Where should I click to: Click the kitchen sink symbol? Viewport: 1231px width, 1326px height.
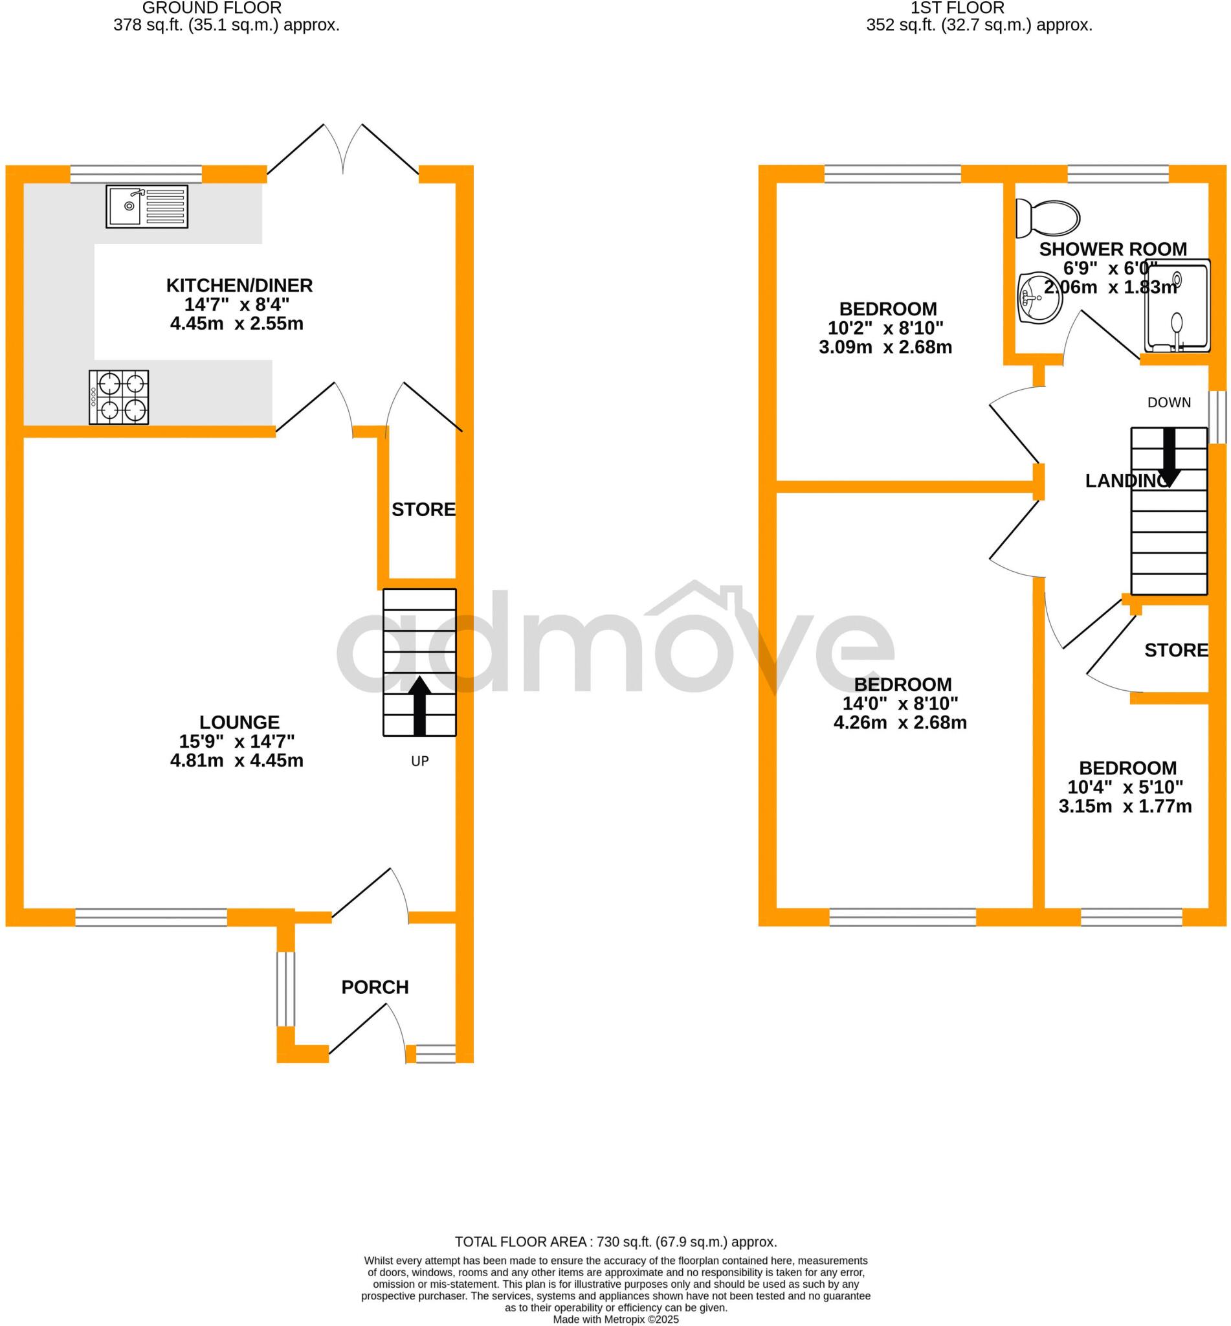(146, 207)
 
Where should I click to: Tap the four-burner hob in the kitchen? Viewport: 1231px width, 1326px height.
(118, 397)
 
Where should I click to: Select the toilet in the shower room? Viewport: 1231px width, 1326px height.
(1047, 218)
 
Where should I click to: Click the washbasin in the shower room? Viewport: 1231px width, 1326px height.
(1040, 297)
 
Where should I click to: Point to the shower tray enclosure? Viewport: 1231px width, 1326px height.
(1177, 305)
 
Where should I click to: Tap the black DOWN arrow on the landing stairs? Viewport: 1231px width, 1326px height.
(1169, 455)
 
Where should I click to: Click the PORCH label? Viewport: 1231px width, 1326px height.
(375, 987)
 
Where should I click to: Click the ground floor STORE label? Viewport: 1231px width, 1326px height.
(423, 510)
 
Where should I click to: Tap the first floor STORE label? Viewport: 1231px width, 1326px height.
(1176, 650)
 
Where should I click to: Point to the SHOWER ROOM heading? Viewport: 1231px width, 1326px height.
(1113, 249)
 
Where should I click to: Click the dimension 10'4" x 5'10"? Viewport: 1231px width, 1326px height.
(1125, 787)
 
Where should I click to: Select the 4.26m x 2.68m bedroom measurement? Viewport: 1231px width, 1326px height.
(900, 723)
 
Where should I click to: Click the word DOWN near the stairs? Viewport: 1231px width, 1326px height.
(1169, 403)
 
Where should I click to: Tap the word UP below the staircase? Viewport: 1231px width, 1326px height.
(419, 761)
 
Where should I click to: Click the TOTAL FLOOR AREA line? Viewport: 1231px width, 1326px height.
(615, 1242)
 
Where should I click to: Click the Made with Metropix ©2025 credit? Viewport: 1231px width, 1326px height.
(615, 1320)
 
